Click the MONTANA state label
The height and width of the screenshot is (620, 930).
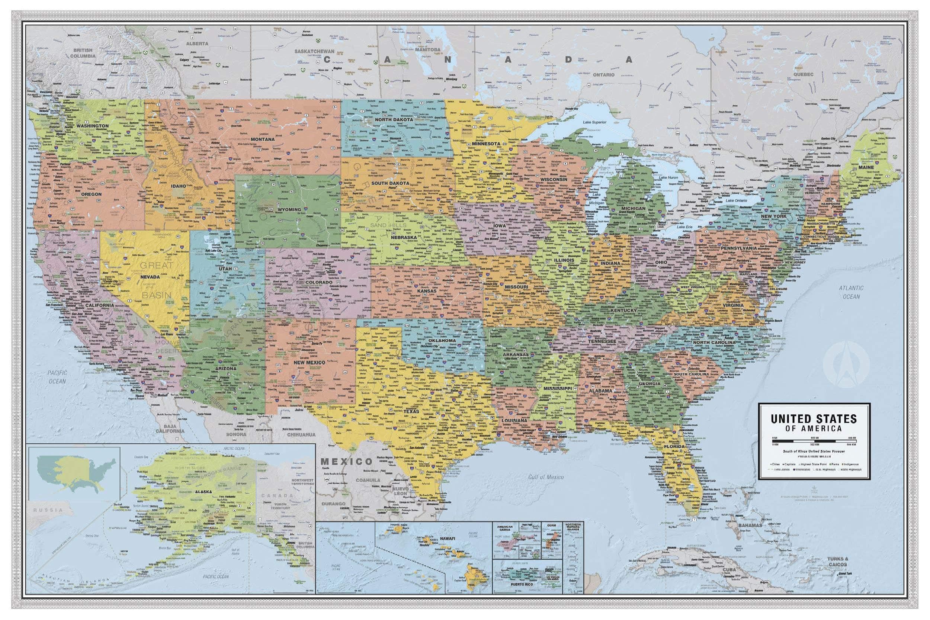click(x=262, y=139)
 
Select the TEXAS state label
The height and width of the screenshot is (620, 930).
click(x=411, y=412)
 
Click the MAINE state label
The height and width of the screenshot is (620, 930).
click(x=866, y=167)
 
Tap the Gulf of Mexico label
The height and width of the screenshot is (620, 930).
click(x=546, y=477)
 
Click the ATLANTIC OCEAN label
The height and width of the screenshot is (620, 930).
click(x=851, y=292)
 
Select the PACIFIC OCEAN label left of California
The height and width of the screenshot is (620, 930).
click(x=57, y=377)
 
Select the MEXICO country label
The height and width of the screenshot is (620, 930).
click(x=346, y=461)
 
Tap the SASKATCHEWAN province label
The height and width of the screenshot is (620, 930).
click(x=315, y=51)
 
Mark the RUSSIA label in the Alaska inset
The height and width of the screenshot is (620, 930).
click(x=48, y=510)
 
